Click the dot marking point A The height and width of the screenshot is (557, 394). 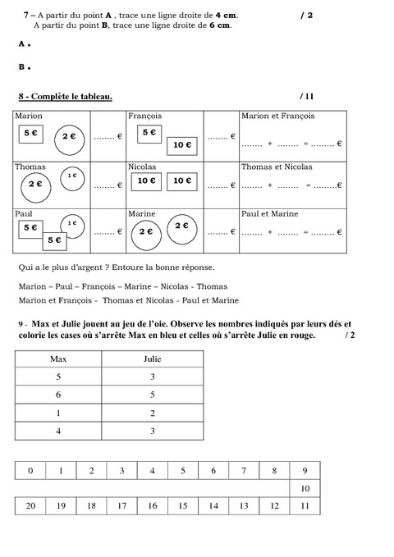pos(29,44)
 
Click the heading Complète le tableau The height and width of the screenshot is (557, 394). pos(70,97)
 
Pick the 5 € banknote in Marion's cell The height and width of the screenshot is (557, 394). pos(30,132)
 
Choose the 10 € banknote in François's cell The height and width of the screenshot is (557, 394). pos(182,145)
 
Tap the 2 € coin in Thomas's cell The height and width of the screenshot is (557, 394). pos(35,185)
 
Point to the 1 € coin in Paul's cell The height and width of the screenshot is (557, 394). pos(72,222)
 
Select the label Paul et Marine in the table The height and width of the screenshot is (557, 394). pos(269,213)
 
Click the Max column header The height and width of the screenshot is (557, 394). pos(58,359)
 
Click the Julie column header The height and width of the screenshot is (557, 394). pos(153,359)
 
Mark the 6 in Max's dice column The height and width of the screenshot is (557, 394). pos(58,395)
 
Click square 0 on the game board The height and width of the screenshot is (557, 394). pos(30,471)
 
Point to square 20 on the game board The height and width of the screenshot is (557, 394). pos(30,507)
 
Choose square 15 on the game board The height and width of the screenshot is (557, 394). pos(183,507)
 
